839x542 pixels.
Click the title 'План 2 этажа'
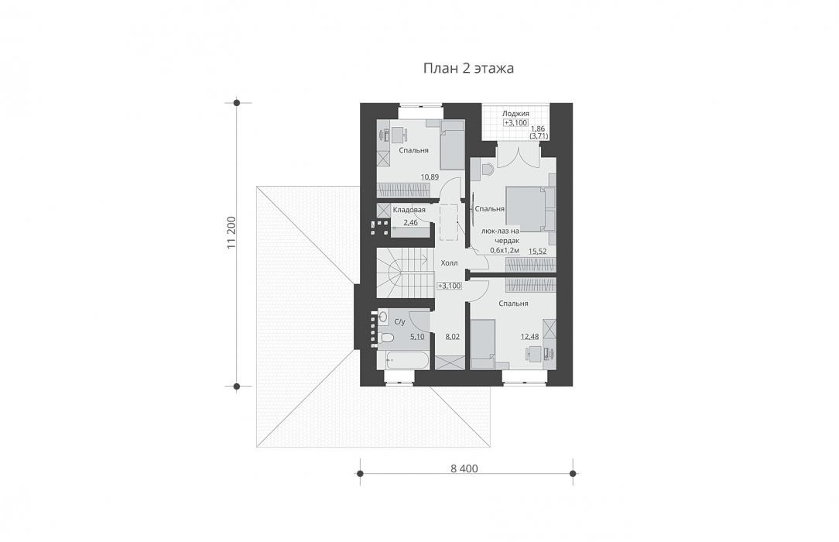(469, 68)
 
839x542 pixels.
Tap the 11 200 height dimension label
(231, 233)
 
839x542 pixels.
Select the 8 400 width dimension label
(464, 468)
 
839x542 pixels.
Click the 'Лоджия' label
(515, 113)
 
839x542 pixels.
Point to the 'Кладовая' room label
(409, 210)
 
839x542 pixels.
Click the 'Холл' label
(449, 263)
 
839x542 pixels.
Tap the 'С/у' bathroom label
(399, 322)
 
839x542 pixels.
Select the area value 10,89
(430, 177)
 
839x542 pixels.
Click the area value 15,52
(538, 250)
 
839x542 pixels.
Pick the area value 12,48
(529, 337)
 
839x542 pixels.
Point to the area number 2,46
(410, 222)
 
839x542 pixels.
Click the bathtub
(403, 360)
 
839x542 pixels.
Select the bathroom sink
(383, 317)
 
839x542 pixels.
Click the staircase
(404, 273)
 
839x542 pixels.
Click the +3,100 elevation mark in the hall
(450, 286)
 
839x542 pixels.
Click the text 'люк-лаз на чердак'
(501, 236)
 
